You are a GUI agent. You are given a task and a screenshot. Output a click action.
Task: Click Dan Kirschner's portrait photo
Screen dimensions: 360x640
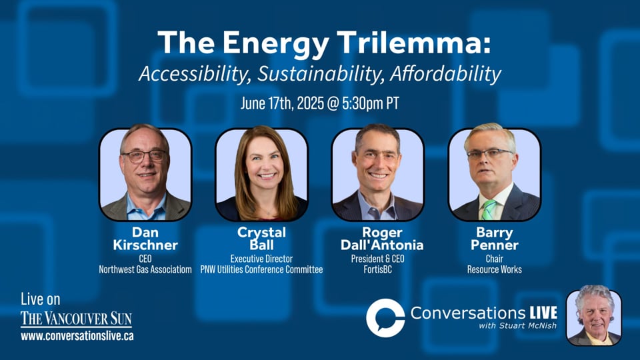pyautogui.click(x=145, y=173)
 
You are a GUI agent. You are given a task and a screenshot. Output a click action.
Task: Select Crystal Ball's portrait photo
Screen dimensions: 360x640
pyautogui.click(x=261, y=173)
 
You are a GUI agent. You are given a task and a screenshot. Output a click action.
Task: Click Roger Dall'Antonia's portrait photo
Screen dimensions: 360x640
pyautogui.click(x=377, y=173)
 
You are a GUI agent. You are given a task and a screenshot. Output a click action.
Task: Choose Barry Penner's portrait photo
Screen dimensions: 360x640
pyautogui.click(x=494, y=173)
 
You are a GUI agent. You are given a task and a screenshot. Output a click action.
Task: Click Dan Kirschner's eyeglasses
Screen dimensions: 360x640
pyautogui.click(x=144, y=155)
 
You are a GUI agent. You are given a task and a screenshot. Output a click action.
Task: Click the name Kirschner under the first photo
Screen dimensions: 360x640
pyautogui.click(x=145, y=245)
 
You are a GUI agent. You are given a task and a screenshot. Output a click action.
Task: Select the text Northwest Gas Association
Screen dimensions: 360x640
pyautogui.click(x=145, y=269)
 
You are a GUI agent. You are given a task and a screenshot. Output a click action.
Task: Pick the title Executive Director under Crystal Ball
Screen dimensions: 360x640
pyautogui.click(x=261, y=259)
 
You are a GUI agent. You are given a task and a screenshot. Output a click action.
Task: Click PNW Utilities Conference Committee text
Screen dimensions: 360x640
pyautogui.click(x=261, y=269)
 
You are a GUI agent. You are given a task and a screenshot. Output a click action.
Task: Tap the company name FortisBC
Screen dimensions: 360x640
pyautogui.click(x=377, y=269)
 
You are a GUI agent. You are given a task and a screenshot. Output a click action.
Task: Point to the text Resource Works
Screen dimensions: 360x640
pyautogui.click(x=494, y=269)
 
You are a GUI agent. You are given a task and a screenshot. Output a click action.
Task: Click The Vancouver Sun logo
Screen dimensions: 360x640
pyautogui.click(x=76, y=319)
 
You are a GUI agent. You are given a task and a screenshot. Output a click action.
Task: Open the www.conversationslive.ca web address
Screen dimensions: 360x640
pyautogui.click(x=77, y=336)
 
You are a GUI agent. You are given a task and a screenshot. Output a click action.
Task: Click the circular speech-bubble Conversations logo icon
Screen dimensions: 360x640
pyautogui.click(x=385, y=318)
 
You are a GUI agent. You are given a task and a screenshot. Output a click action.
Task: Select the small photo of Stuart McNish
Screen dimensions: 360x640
pyautogui.click(x=593, y=317)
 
